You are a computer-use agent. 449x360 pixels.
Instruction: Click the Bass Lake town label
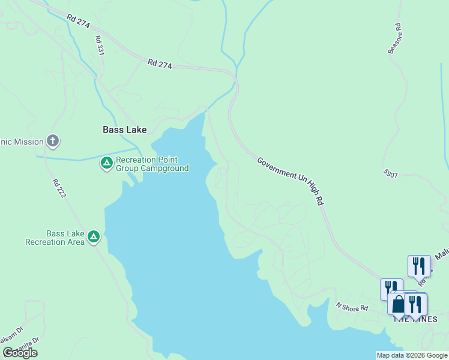click(124, 129)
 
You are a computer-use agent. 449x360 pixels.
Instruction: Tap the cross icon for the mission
click(53, 142)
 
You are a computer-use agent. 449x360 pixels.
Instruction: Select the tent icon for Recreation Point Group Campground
click(106, 163)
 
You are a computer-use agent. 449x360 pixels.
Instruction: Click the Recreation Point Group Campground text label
click(152, 164)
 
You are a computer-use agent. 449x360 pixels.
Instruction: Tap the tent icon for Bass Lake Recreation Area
click(94, 237)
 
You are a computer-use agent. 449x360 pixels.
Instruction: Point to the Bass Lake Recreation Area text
click(54, 238)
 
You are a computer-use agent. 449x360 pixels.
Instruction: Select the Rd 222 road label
click(58, 189)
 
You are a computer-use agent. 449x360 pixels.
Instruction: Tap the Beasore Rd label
click(394, 39)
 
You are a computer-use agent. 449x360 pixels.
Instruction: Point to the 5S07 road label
click(391, 173)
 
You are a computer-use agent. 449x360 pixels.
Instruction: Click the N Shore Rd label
click(351, 308)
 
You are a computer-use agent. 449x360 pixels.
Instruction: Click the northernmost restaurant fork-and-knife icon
click(419, 265)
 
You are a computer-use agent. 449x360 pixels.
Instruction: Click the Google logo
click(20, 353)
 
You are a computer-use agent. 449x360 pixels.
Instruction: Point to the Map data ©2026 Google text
click(412, 355)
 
